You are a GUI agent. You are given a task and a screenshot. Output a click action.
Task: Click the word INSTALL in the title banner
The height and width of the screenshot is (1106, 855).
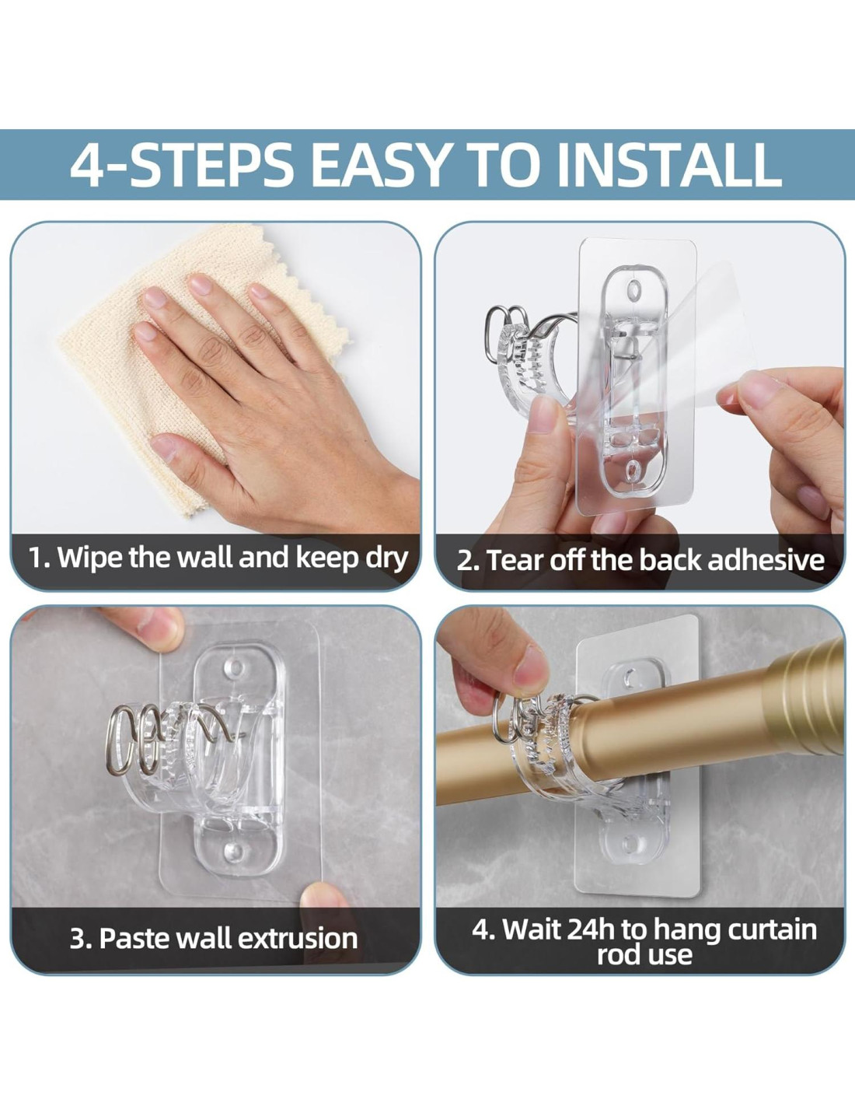(668, 164)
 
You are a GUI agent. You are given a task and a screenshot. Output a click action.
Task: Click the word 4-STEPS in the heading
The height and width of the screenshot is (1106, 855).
(182, 164)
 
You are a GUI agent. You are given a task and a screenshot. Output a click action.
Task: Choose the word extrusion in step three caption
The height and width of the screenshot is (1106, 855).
(298, 938)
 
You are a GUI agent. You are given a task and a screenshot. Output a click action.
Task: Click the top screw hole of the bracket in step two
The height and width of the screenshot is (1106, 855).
(634, 290)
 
